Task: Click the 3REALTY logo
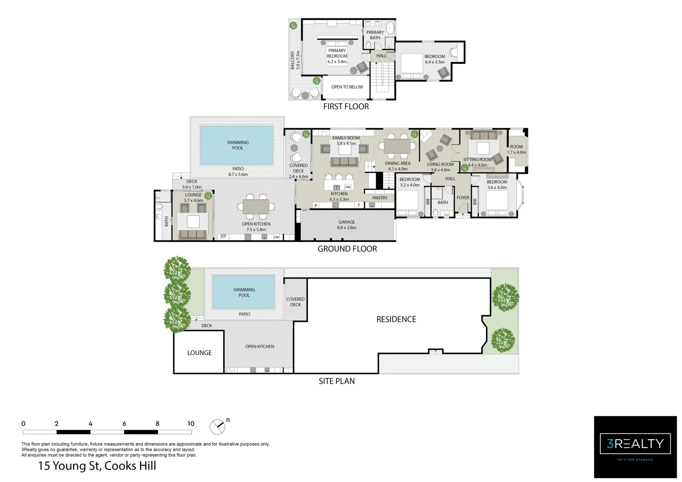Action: pos(635,444)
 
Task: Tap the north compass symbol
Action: pos(217,427)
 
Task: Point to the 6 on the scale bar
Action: pos(124,424)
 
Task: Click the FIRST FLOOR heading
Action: pos(346,106)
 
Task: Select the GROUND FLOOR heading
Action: pos(347,249)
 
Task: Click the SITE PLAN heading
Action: pos(337,381)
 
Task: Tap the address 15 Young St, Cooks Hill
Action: pos(97,466)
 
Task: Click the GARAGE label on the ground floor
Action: pos(347,222)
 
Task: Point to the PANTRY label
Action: pos(380,198)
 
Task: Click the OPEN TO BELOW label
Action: pos(347,87)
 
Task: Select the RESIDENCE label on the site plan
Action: pos(396,319)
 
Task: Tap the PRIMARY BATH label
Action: pos(375,35)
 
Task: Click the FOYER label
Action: pos(463,198)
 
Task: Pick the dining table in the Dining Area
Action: pos(398,146)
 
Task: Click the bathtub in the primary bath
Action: pos(390,28)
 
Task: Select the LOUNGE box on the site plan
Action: pos(199,353)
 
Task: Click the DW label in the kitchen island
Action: pos(348,187)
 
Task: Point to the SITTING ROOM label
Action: pos(477,159)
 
